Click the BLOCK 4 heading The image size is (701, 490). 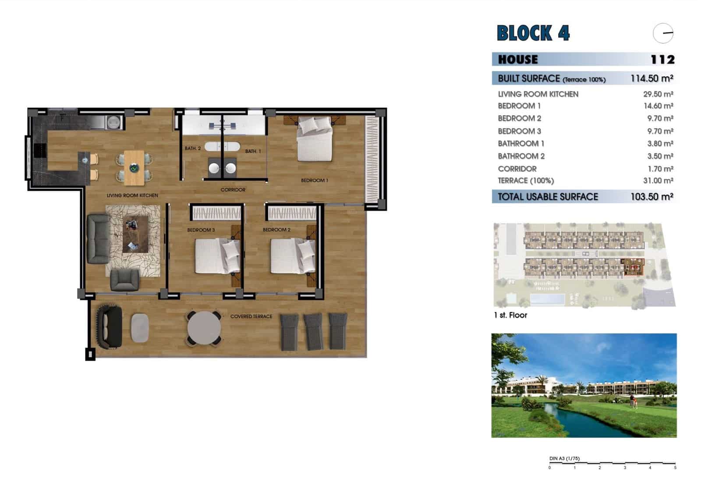click(x=533, y=33)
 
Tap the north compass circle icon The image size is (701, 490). click(x=663, y=33)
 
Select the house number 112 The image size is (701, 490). click(x=662, y=60)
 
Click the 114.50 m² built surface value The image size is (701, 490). click(x=651, y=78)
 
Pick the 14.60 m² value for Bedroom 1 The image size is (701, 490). click(x=658, y=106)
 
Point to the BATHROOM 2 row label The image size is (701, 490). click(x=521, y=156)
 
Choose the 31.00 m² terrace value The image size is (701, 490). click(x=658, y=181)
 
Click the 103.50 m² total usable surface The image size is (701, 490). click(x=651, y=197)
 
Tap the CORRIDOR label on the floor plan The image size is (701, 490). click(x=233, y=190)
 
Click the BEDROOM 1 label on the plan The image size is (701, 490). click(x=314, y=180)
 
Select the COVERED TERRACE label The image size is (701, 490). click(x=251, y=316)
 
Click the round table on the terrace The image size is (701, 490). click(x=204, y=328)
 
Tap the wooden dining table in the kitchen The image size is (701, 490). click(x=134, y=167)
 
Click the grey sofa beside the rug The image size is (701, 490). click(x=97, y=238)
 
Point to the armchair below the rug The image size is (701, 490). click(x=124, y=280)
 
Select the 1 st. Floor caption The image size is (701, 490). click(x=510, y=315)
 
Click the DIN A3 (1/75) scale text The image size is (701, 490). click(x=564, y=458)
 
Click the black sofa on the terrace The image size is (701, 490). click(x=110, y=327)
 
